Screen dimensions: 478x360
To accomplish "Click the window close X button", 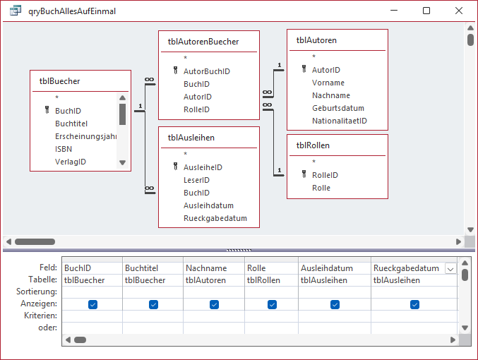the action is [458, 11].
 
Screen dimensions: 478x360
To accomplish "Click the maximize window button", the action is [426, 11].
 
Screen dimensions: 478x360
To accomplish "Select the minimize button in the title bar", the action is [394, 11].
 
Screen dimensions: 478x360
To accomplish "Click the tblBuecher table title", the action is [59, 81].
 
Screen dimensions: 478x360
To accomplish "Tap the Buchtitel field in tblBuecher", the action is [71, 124].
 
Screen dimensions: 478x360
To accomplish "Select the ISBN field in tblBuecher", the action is [64, 149].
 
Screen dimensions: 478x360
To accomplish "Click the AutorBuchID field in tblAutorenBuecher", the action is [207, 71].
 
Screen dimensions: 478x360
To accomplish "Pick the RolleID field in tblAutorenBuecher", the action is [196, 109].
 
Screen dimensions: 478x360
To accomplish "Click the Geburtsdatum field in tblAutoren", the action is [337, 108].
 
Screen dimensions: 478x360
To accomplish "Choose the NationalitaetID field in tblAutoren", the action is [340, 121].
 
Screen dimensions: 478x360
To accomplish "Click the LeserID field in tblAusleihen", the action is [196, 180].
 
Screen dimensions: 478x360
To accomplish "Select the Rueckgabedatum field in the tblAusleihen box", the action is [215, 218].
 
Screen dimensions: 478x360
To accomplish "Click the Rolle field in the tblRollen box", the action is [321, 188].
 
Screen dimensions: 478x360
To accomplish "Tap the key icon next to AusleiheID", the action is [175, 166].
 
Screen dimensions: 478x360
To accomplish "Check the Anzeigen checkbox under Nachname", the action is [215, 304].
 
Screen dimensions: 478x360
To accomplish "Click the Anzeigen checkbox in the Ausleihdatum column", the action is [335, 304].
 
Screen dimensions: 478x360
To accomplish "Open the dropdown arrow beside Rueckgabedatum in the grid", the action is [450, 269].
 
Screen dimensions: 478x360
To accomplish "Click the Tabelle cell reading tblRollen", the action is [263, 280].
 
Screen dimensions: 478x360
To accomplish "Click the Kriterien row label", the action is [40, 316].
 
